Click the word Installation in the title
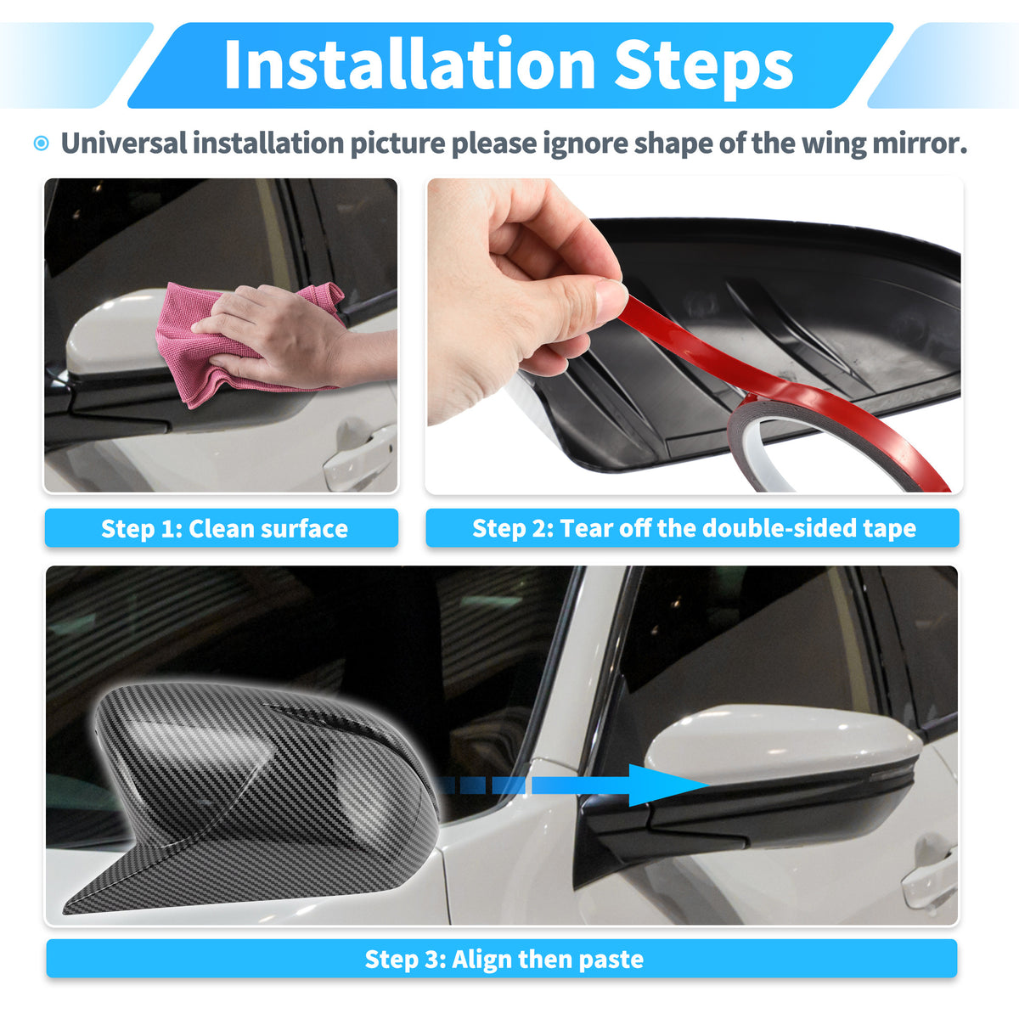click(410, 65)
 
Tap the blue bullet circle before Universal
click(42, 144)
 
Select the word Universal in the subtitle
click(124, 143)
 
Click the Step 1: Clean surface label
click(224, 528)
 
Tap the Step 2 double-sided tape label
click(694, 528)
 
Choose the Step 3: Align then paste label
click(504, 959)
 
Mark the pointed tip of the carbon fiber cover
click(65, 910)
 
